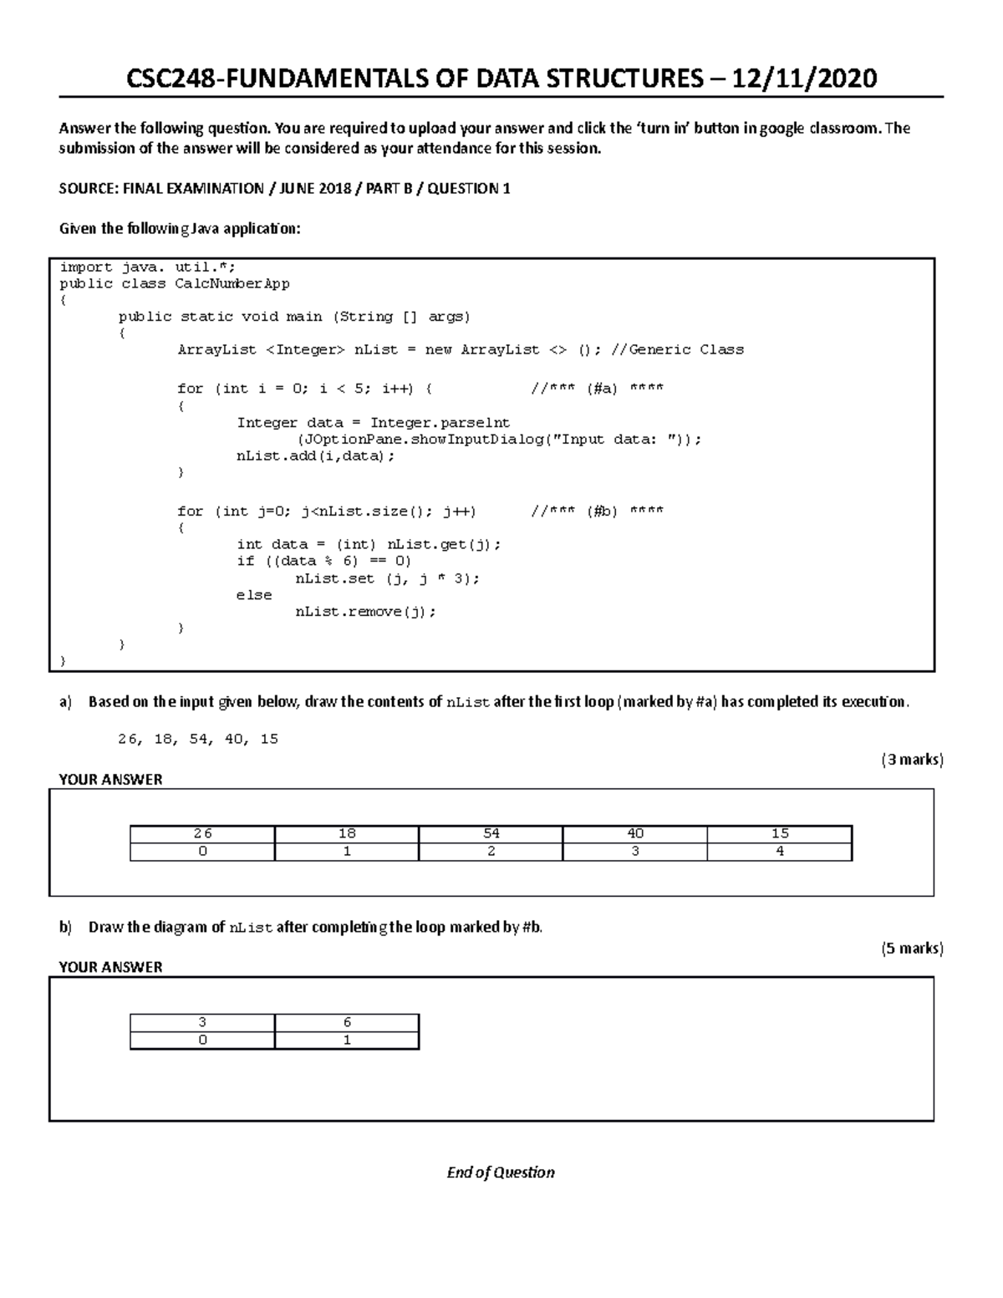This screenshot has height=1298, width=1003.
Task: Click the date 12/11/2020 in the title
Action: (x=805, y=79)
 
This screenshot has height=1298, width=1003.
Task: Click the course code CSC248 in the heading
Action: (x=171, y=79)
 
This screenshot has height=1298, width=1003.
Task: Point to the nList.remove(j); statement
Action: (x=365, y=612)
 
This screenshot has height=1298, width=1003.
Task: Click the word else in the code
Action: (x=254, y=595)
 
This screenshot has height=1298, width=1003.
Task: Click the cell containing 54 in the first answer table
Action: (x=491, y=833)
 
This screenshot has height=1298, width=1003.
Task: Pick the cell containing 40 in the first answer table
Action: (x=635, y=833)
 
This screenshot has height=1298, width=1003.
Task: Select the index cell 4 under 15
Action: (x=779, y=852)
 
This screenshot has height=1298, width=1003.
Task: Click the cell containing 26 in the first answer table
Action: (x=202, y=833)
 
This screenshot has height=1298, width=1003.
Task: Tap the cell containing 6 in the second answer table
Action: (x=347, y=1022)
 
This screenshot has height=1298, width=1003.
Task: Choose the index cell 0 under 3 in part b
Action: (x=202, y=1041)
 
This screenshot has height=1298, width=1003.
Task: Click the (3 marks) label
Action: (x=912, y=760)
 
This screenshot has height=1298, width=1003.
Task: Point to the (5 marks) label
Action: (x=912, y=949)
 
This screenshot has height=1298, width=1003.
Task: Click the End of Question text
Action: (x=501, y=1173)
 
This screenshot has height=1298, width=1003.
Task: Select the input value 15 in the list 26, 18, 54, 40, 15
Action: (x=269, y=740)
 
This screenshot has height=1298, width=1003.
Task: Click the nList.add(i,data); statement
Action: (x=315, y=456)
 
